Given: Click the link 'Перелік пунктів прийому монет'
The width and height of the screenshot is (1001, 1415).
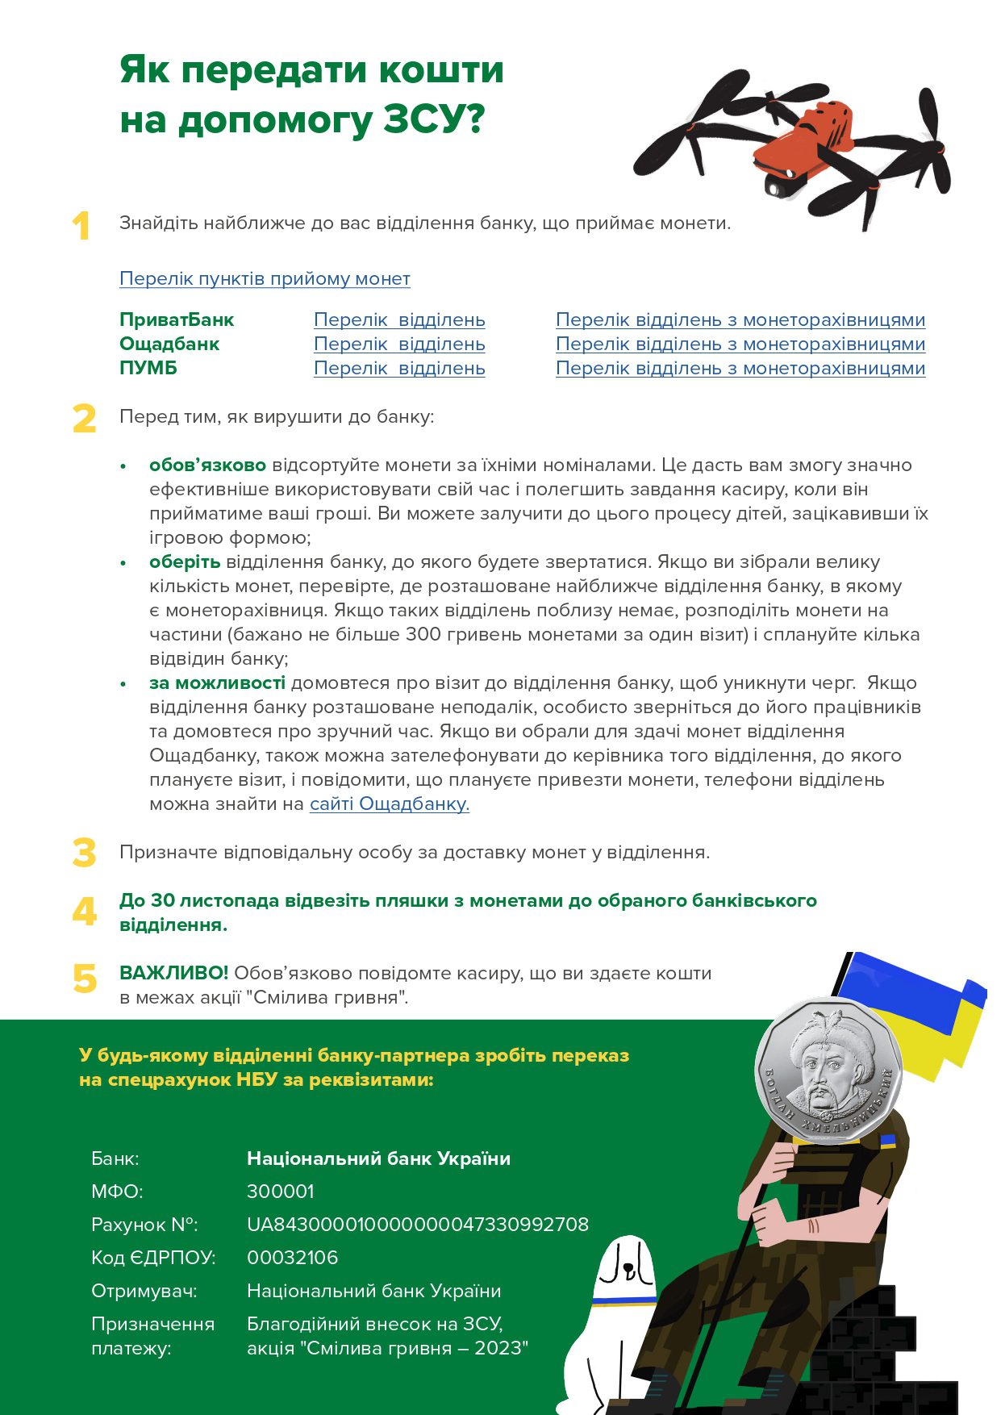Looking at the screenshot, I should click(265, 278).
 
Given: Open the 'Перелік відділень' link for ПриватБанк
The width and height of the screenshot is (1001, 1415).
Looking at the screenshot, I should click(399, 319).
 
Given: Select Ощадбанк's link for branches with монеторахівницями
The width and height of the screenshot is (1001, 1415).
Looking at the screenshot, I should click(740, 344).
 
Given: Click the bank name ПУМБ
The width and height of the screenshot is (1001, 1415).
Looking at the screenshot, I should click(148, 368).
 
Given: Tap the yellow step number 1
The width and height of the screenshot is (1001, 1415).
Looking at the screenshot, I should click(81, 227).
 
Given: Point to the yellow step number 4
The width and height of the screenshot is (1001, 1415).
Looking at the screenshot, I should click(84, 912).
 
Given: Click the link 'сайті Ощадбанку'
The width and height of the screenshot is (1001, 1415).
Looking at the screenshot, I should click(389, 804).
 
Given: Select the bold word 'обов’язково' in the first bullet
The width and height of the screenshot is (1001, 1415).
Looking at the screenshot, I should click(207, 465).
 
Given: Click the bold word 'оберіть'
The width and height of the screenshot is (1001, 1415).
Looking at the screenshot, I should click(185, 561).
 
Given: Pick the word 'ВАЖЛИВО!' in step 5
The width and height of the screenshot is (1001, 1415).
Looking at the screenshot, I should click(173, 973).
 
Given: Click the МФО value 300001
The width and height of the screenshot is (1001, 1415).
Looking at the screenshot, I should click(280, 1192).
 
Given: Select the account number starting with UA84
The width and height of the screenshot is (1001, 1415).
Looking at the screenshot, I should click(417, 1225).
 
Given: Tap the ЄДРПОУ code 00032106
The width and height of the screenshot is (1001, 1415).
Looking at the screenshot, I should click(292, 1258).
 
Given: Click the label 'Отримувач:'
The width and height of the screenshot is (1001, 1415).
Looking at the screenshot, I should click(144, 1291).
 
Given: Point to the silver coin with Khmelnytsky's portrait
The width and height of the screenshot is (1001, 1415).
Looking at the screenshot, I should click(828, 1070).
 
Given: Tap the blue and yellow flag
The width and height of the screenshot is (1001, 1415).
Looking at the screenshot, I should click(911, 1012).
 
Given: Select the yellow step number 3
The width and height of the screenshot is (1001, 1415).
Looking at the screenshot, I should click(84, 853).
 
